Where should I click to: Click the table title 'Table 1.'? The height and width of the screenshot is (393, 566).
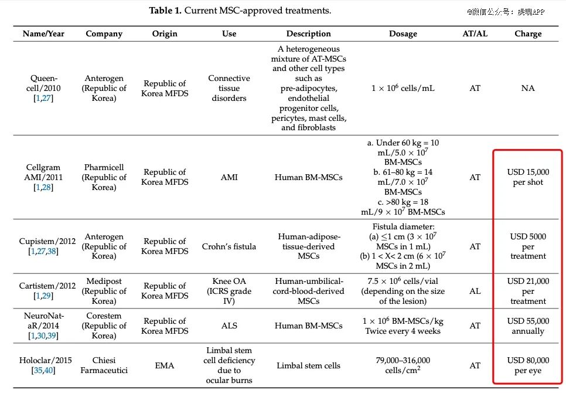pyautogui.click(x=165, y=11)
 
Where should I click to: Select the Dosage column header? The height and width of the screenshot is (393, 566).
pyautogui.click(x=403, y=33)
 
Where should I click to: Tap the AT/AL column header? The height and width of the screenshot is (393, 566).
pyautogui.click(x=475, y=33)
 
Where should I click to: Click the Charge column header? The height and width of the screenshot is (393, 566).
pyautogui.click(x=528, y=33)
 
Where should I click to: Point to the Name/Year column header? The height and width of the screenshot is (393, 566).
pyautogui.click(x=43, y=33)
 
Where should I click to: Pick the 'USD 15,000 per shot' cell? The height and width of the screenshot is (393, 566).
pyautogui.click(x=528, y=177)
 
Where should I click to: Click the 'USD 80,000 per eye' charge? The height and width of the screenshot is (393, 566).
pyautogui.click(x=528, y=365)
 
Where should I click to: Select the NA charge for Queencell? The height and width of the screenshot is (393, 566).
pyautogui.click(x=528, y=88)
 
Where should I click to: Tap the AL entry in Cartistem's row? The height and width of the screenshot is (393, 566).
pyautogui.click(x=475, y=291)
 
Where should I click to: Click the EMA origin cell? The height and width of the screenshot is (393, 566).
pyautogui.click(x=165, y=365)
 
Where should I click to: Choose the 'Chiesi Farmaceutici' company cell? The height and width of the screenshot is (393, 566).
pyautogui.click(x=104, y=365)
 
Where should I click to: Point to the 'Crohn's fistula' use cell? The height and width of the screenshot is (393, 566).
pyautogui.click(x=229, y=246)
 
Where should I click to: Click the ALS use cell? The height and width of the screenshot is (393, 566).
pyautogui.click(x=229, y=326)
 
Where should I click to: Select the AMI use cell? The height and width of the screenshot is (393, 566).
pyautogui.click(x=229, y=177)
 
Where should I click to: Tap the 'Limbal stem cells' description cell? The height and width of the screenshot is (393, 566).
pyautogui.click(x=308, y=365)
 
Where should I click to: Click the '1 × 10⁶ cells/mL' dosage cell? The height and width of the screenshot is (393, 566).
pyautogui.click(x=403, y=88)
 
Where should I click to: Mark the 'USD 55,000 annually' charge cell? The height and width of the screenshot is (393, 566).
pyautogui.click(x=528, y=326)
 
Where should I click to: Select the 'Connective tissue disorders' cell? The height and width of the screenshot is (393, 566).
pyautogui.click(x=229, y=88)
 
